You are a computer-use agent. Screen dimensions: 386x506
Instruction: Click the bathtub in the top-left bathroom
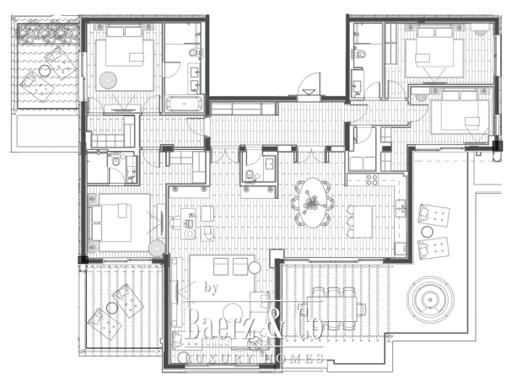(x=183, y=105)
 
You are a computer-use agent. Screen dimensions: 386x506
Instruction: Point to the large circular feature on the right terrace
(x=431, y=298)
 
